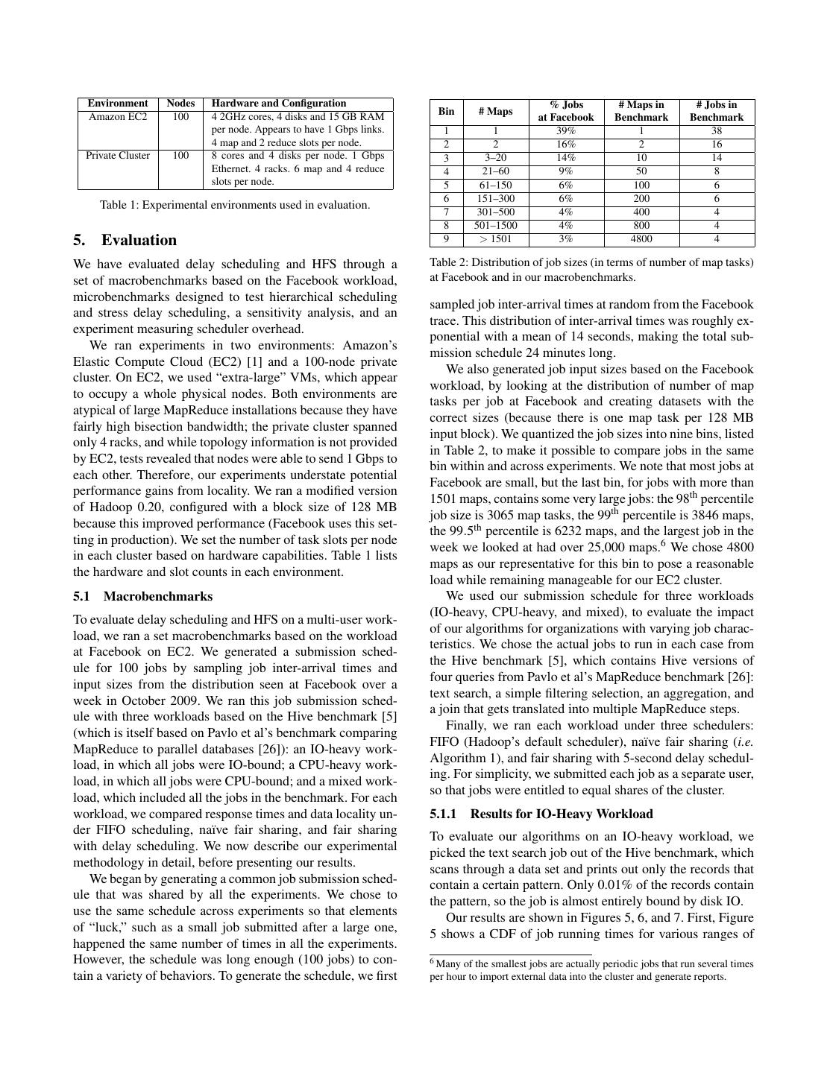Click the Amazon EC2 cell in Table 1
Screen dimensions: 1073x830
[x=118, y=117]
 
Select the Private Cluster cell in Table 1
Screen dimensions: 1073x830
[x=118, y=156]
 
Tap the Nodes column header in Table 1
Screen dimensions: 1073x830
[x=180, y=104]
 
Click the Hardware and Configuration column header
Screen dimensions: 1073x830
[x=279, y=104]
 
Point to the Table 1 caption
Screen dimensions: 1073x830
[x=235, y=205]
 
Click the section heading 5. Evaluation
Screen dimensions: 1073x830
[x=125, y=240]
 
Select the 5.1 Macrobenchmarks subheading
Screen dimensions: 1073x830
[x=142, y=596]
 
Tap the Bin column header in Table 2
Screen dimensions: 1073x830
[x=446, y=111]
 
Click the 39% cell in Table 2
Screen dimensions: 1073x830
[x=566, y=130]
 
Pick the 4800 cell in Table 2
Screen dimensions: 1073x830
[x=641, y=239]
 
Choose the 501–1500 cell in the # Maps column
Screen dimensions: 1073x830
[x=496, y=226]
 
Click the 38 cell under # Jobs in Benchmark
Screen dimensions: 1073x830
[x=716, y=130]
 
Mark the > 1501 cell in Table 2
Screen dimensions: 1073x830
[x=496, y=239]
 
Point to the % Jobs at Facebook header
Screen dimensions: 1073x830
[x=566, y=111]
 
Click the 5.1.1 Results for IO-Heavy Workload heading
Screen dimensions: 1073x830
[x=541, y=814]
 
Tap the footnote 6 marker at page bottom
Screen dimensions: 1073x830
[x=433, y=963]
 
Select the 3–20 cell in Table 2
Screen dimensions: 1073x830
[x=496, y=158]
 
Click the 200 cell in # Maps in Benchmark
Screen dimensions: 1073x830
[x=641, y=199]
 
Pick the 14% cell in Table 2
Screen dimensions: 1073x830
[x=566, y=158]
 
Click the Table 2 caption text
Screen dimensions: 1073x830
[x=591, y=270]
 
